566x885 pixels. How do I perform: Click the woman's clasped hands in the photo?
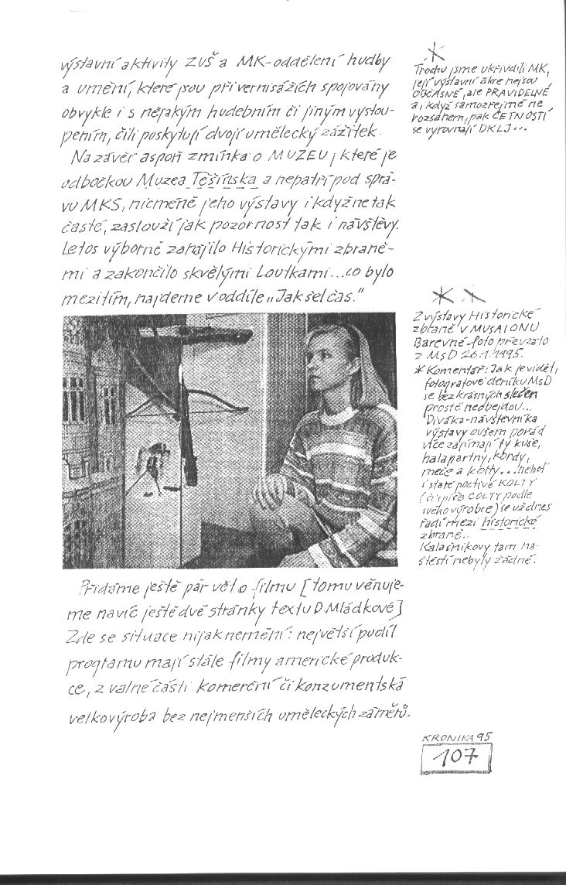tap(282, 487)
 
